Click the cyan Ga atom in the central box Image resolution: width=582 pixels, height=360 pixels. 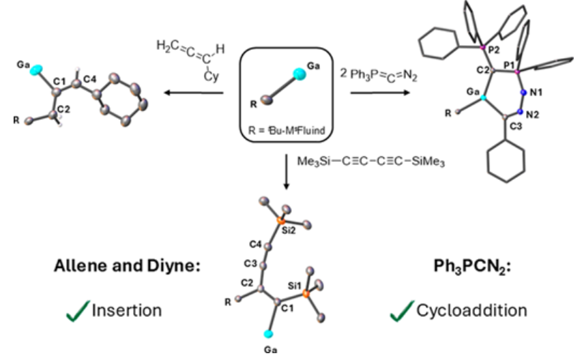(x=299, y=74)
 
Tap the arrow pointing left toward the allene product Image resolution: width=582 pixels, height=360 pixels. (x=194, y=92)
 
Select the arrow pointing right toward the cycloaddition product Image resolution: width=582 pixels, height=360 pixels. (x=381, y=92)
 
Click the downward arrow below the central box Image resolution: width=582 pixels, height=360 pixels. (x=286, y=172)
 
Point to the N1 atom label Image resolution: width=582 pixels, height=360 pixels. (x=536, y=93)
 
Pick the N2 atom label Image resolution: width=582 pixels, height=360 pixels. (x=532, y=115)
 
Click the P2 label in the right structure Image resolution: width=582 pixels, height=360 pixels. (x=494, y=50)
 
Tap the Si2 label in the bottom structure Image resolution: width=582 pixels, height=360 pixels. (x=289, y=230)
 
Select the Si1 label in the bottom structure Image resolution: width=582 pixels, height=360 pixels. (x=295, y=286)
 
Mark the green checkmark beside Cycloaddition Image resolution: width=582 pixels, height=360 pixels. (x=402, y=311)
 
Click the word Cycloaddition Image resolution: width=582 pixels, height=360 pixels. (x=471, y=310)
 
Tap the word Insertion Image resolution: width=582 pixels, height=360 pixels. (x=127, y=310)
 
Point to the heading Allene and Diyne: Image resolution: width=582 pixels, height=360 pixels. (x=128, y=266)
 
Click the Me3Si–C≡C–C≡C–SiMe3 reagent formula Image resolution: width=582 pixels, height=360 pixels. (x=370, y=162)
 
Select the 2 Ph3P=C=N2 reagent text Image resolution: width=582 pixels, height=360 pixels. (x=379, y=75)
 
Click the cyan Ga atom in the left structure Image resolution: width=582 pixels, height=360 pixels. (x=36, y=70)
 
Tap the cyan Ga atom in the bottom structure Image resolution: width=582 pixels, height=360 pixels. (x=268, y=334)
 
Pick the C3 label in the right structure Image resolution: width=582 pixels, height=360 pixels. (x=516, y=126)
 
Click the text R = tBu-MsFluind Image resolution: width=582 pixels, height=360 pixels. (x=286, y=130)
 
